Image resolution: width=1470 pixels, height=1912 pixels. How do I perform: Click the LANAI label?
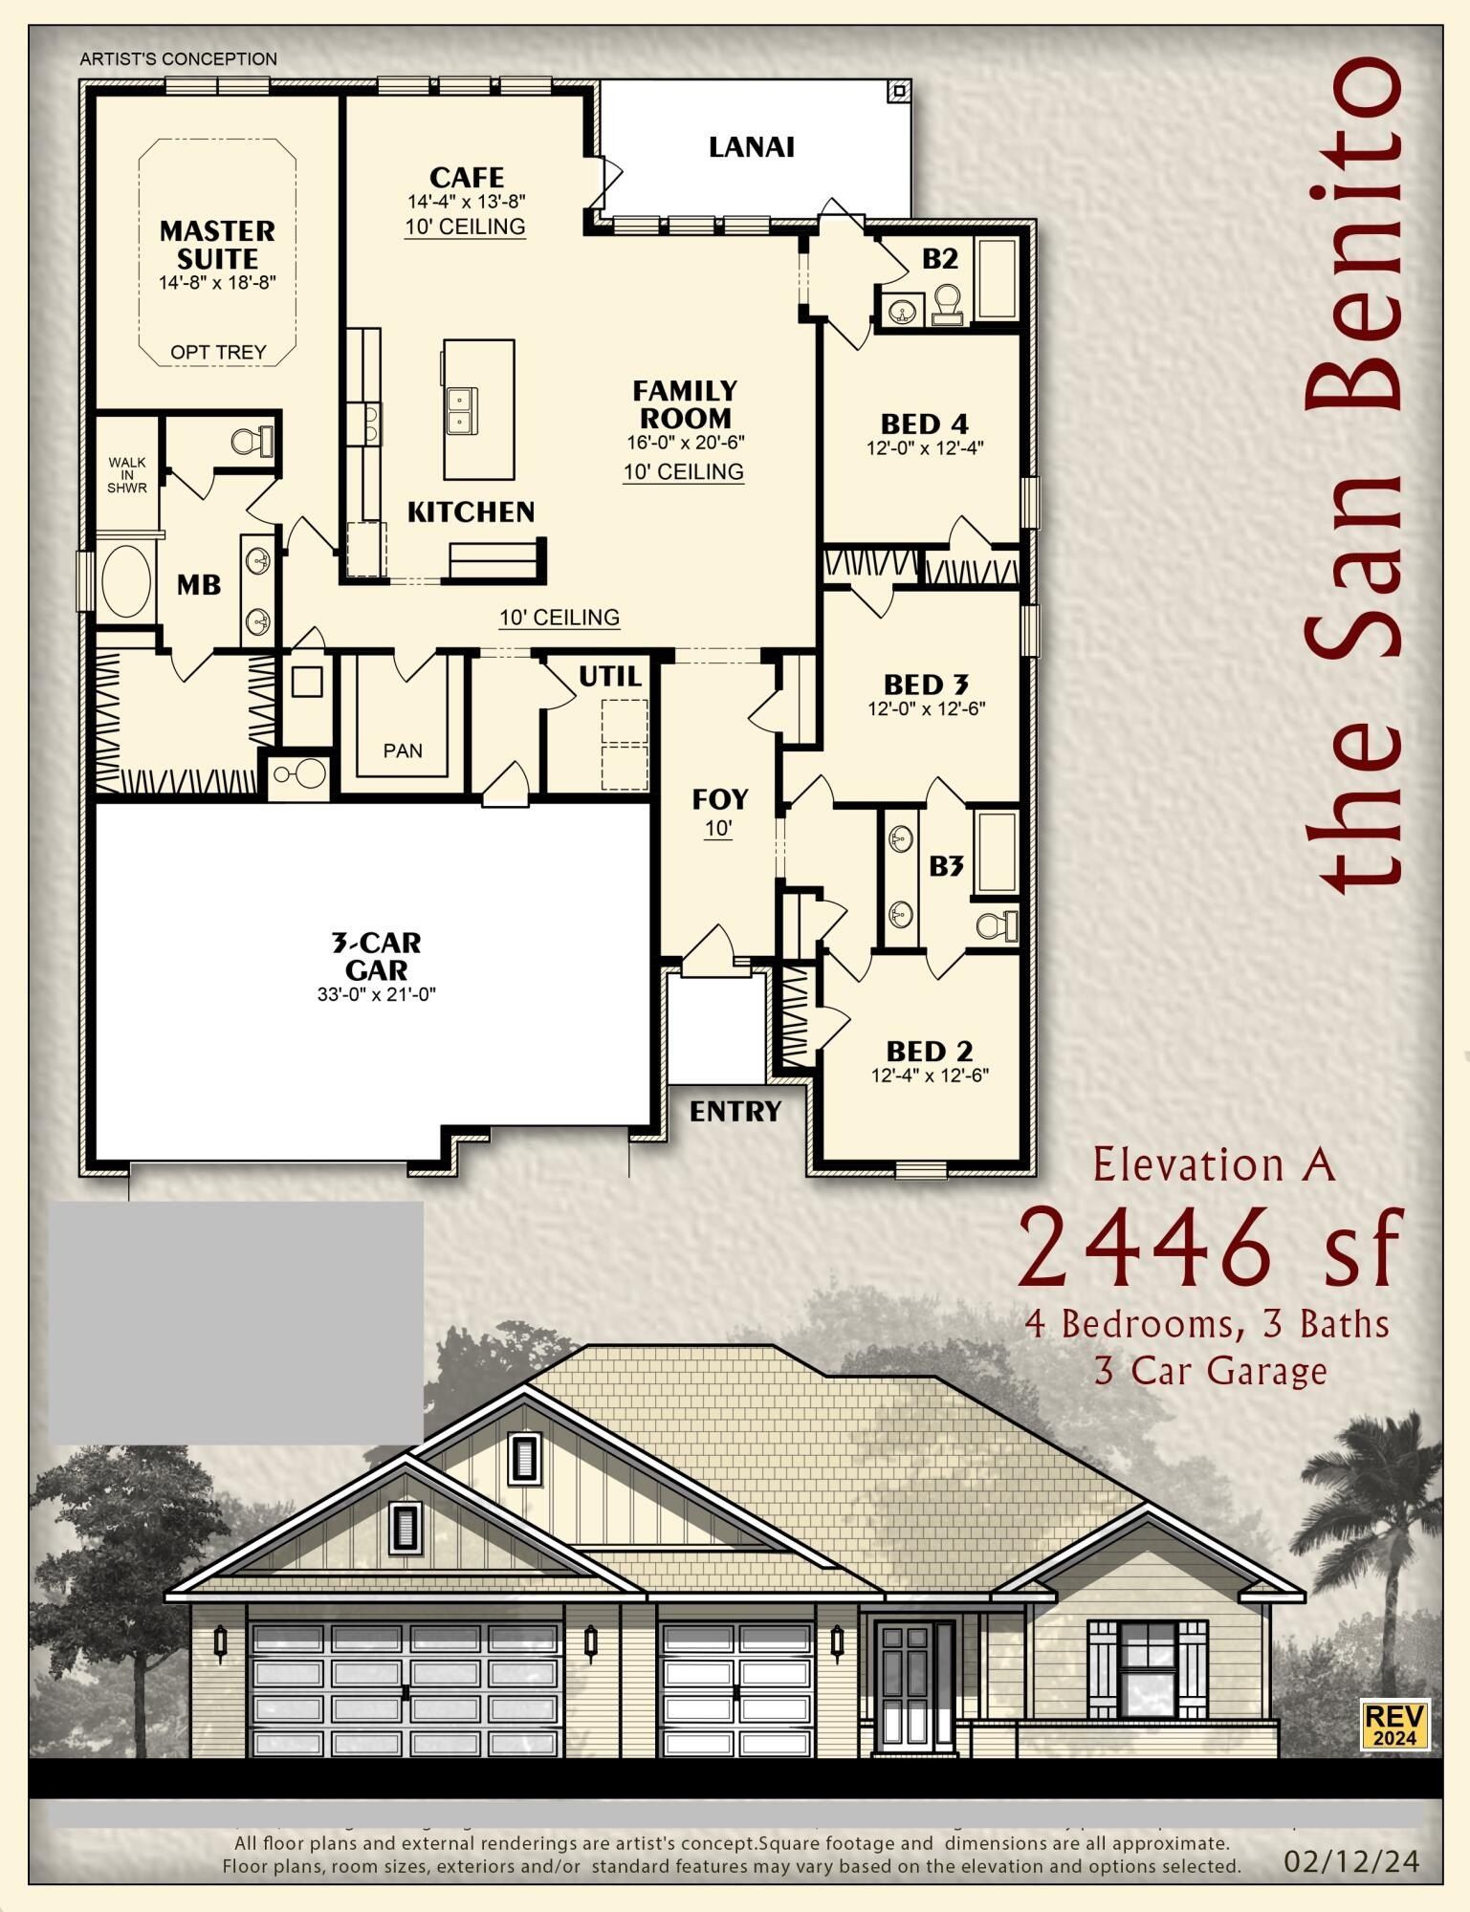(751, 147)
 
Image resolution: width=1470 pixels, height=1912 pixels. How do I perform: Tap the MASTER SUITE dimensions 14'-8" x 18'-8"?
(218, 283)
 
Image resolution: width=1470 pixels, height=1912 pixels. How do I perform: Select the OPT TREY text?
(218, 353)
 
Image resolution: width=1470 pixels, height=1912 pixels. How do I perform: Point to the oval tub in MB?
(126, 582)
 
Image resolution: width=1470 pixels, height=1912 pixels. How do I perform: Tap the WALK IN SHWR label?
(127, 475)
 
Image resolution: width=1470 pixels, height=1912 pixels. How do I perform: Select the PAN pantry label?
(403, 751)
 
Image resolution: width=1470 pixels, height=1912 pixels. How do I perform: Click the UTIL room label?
(609, 677)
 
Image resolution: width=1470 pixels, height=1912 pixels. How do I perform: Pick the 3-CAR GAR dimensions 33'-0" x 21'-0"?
(377, 994)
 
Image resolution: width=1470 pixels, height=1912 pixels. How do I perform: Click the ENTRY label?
(735, 1112)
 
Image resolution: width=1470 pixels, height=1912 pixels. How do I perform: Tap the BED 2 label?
(929, 1052)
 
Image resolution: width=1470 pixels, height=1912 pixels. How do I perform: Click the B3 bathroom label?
(946, 866)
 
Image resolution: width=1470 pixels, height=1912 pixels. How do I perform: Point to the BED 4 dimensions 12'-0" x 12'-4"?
(925, 447)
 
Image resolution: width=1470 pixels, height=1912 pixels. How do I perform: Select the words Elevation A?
(1213, 1166)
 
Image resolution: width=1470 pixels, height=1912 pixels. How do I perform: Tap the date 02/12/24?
(1351, 1861)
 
